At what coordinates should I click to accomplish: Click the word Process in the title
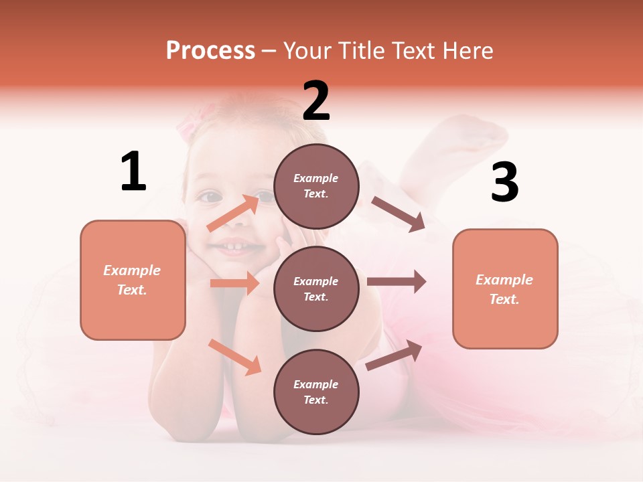[x=210, y=50]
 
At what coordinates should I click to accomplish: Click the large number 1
[x=133, y=171]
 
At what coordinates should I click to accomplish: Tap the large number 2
[x=316, y=100]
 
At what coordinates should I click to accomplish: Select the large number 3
[x=505, y=183]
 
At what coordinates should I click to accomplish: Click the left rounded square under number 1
[x=133, y=280]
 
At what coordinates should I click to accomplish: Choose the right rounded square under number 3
[x=505, y=289]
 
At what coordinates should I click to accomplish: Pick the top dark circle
[x=316, y=186]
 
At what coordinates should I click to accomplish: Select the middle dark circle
[x=316, y=289]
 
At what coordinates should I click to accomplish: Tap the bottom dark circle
[x=316, y=392]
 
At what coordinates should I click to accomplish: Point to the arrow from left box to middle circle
[x=234, y=283]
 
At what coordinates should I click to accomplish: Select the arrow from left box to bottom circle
[x=234, y=356]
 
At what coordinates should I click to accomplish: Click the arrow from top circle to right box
[x=398, y=214]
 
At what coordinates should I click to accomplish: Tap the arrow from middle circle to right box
[x=397, y=282]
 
